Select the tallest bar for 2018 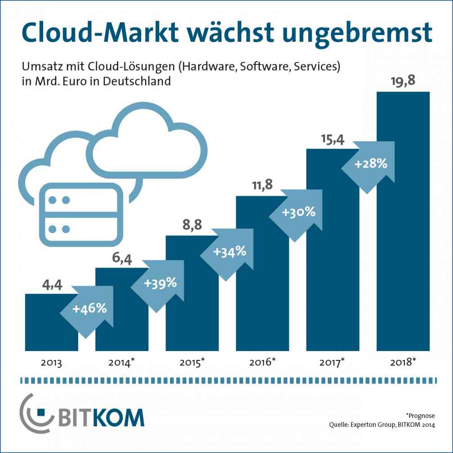(403, 225)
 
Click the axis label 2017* (332, 362)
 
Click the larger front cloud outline (146, 144)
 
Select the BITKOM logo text (101, 417)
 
